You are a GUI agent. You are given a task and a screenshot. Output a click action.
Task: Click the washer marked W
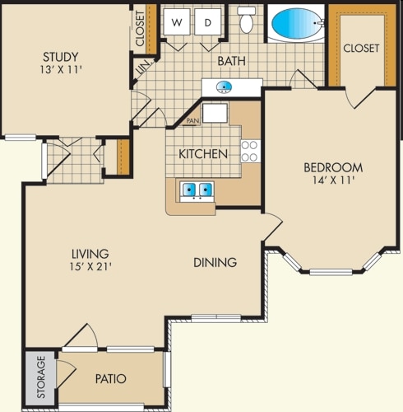click(x=177, y=22)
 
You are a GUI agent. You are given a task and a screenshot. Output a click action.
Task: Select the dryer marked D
click(x=208, y=22)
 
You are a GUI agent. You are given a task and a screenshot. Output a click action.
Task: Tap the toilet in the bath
click(x=247, y=20)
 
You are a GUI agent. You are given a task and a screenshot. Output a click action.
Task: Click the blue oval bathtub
click(x=296, y=23)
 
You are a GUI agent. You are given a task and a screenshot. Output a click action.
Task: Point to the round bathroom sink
click(x=224, y=87)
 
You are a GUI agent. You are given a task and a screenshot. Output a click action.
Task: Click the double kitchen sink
click(x=197, y=190)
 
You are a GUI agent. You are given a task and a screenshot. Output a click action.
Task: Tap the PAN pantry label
click(x=192, y=120)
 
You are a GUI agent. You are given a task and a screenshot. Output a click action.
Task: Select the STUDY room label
click(x=61, y=57)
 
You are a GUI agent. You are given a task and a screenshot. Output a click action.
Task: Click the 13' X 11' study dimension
click(x=61, y=70)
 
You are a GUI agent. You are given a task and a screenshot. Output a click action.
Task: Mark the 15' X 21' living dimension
click(x=90, y=266)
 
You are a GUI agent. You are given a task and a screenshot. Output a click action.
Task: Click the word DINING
click(x=215, y=263)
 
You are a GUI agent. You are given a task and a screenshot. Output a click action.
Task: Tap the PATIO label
click(x=111, y=379)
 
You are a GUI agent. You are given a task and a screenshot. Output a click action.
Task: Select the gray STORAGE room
click(x=41, y=378)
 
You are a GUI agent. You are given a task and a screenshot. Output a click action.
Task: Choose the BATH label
click(x=232, y=61)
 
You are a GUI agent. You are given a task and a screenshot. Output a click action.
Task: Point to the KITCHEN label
click(x=203, y=154)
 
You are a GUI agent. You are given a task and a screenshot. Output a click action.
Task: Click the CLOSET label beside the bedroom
click(x=361, y=49)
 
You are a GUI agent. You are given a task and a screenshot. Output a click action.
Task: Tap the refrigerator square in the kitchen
click(x=215, y=113)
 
